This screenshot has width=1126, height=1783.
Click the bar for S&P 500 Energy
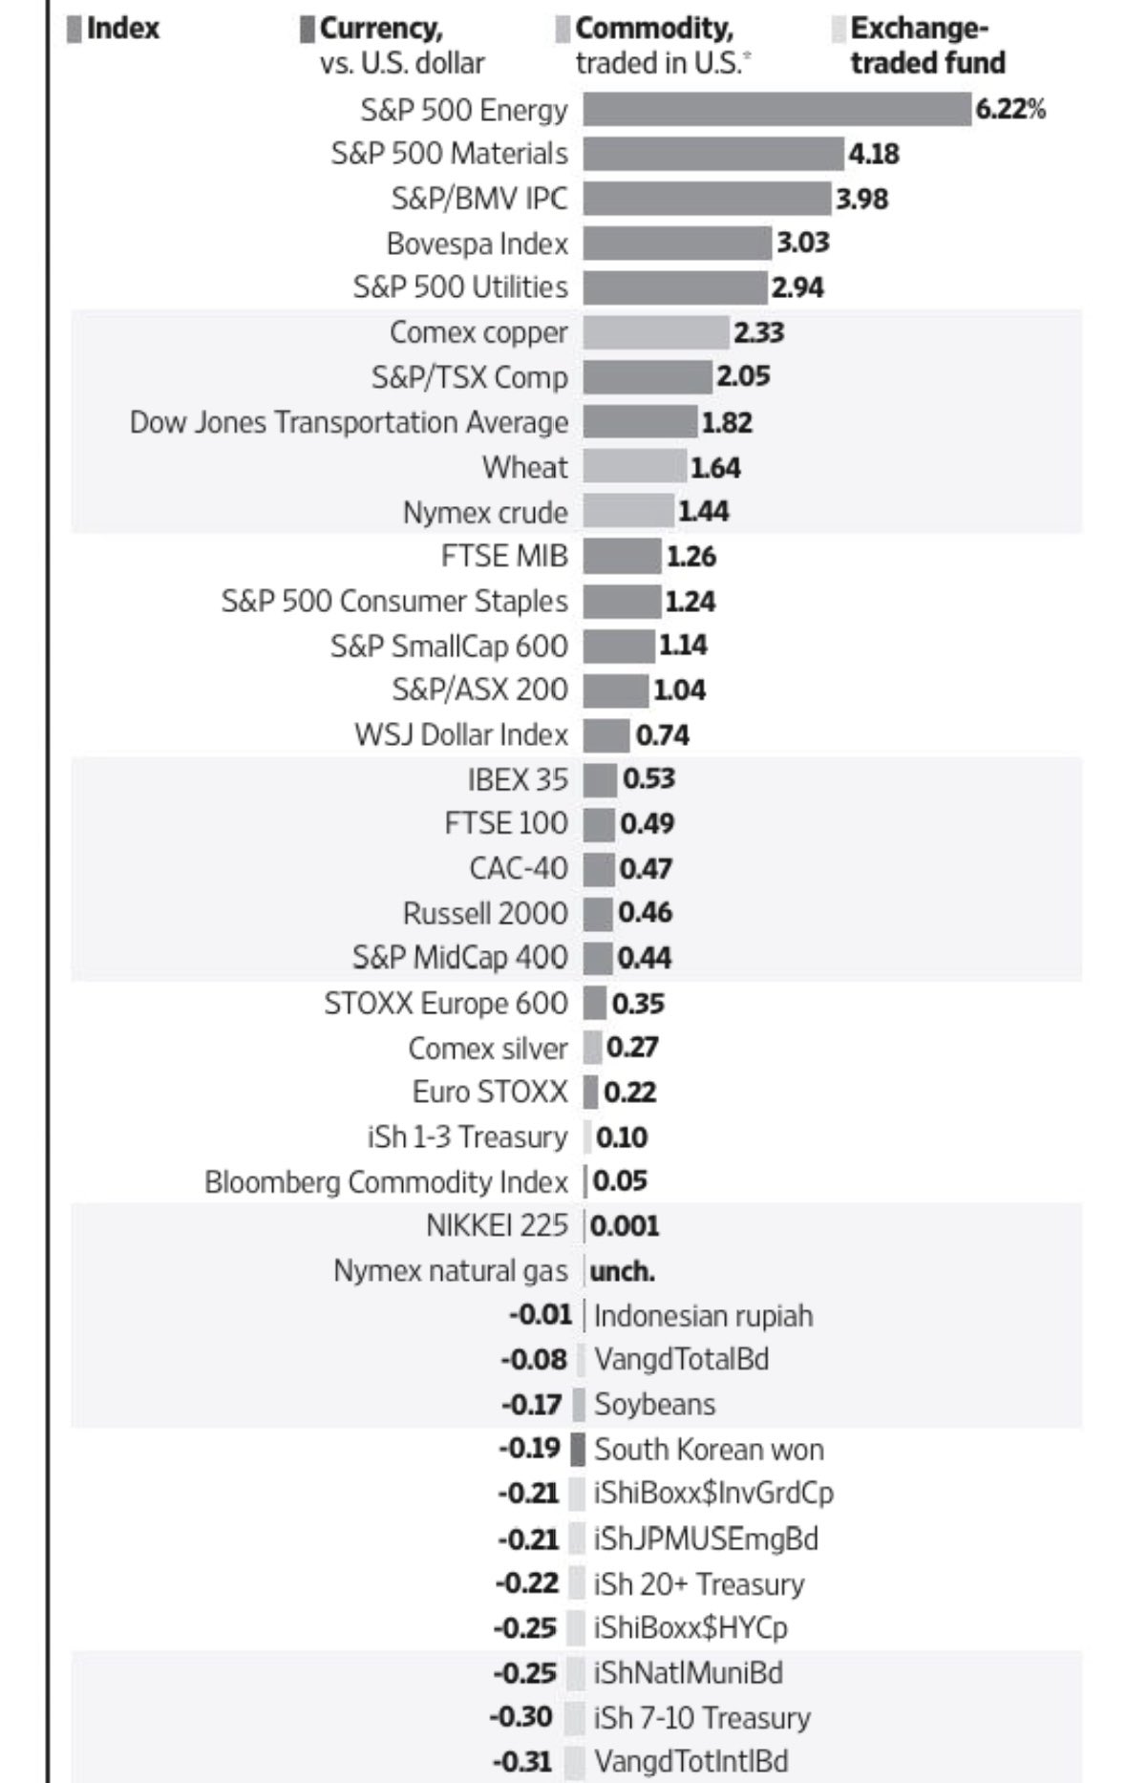click(776, 110)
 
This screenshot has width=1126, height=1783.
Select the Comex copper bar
click(656, 332)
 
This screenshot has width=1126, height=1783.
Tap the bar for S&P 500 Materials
click(713, 154)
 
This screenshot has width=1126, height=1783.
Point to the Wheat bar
click(634, 467)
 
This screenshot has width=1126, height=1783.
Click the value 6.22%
click(1009, 110)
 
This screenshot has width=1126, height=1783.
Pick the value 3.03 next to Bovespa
click(802, 243)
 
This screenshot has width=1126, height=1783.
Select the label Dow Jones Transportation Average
click(349, 422)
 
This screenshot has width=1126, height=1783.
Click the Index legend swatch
click(74, 30)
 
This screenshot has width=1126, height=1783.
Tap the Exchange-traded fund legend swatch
click(839, 30)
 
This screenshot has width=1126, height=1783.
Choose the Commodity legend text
click(654, 30)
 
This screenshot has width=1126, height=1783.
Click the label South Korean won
click(709, 1449)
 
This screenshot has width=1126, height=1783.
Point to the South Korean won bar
click(578, 1449)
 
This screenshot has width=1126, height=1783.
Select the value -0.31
click(523, 1761)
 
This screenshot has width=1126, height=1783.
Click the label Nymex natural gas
click(450, 1271)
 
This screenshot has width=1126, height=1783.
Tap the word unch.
click(623, 1271)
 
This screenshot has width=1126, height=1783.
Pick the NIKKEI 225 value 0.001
click(625, 1225)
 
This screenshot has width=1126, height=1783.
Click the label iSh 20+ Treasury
click(698, 1583)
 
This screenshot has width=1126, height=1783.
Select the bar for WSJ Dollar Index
click(606, 735)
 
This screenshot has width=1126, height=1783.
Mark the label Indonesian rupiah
click(703, 1315)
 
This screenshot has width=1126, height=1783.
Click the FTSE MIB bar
click(622, 556)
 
